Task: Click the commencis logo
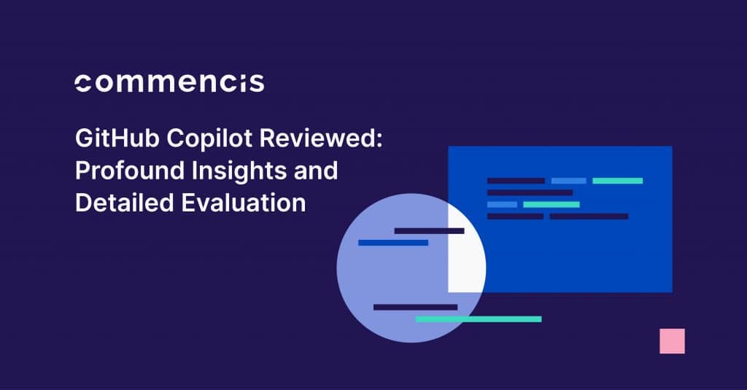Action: pos(169,82)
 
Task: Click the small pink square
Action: pos(672,341)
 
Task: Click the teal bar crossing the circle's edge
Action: pos(479,319)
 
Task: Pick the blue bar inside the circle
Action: pos(392,243)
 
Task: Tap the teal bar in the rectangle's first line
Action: pos(617,181)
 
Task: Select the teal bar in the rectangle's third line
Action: pos(551,205)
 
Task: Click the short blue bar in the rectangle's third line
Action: pos(502,205)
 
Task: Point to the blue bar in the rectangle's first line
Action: pos(568,181)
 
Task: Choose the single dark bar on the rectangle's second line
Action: pos(530,193)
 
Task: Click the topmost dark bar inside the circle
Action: pos(429,231)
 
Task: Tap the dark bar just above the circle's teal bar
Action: pos(415,308)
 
